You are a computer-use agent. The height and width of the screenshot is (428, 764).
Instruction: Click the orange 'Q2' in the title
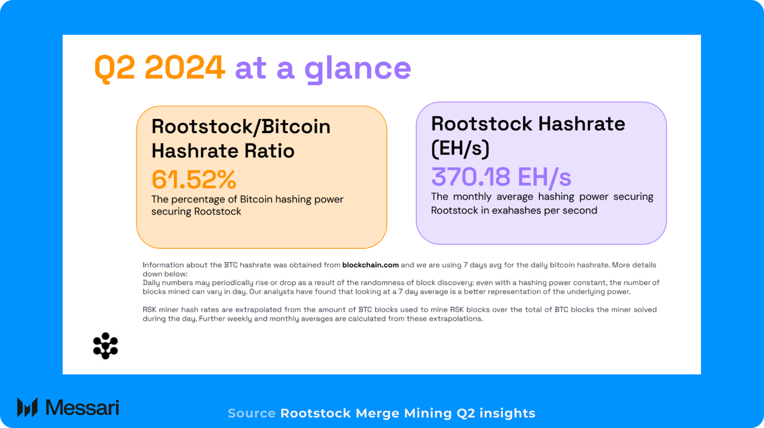[114, 68]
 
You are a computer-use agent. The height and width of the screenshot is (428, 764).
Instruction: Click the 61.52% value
[194, 179]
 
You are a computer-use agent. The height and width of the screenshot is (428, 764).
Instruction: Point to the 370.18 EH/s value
[501, 177]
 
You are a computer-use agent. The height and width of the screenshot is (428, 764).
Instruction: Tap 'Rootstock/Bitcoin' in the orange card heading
[241, 126]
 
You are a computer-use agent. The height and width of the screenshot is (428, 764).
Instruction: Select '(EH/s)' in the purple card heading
[460, 148]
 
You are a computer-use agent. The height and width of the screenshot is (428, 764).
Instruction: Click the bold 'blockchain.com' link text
[370, 265]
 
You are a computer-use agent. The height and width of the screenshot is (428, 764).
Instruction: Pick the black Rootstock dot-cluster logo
[105, 346]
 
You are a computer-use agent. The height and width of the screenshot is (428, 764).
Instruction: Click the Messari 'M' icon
[27, 407]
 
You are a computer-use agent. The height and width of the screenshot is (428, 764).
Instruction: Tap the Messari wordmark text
[82, 408]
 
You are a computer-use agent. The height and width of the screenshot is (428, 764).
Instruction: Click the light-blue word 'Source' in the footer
[251, 413]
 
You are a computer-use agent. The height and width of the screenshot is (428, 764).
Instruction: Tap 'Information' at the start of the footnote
[163, 265]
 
